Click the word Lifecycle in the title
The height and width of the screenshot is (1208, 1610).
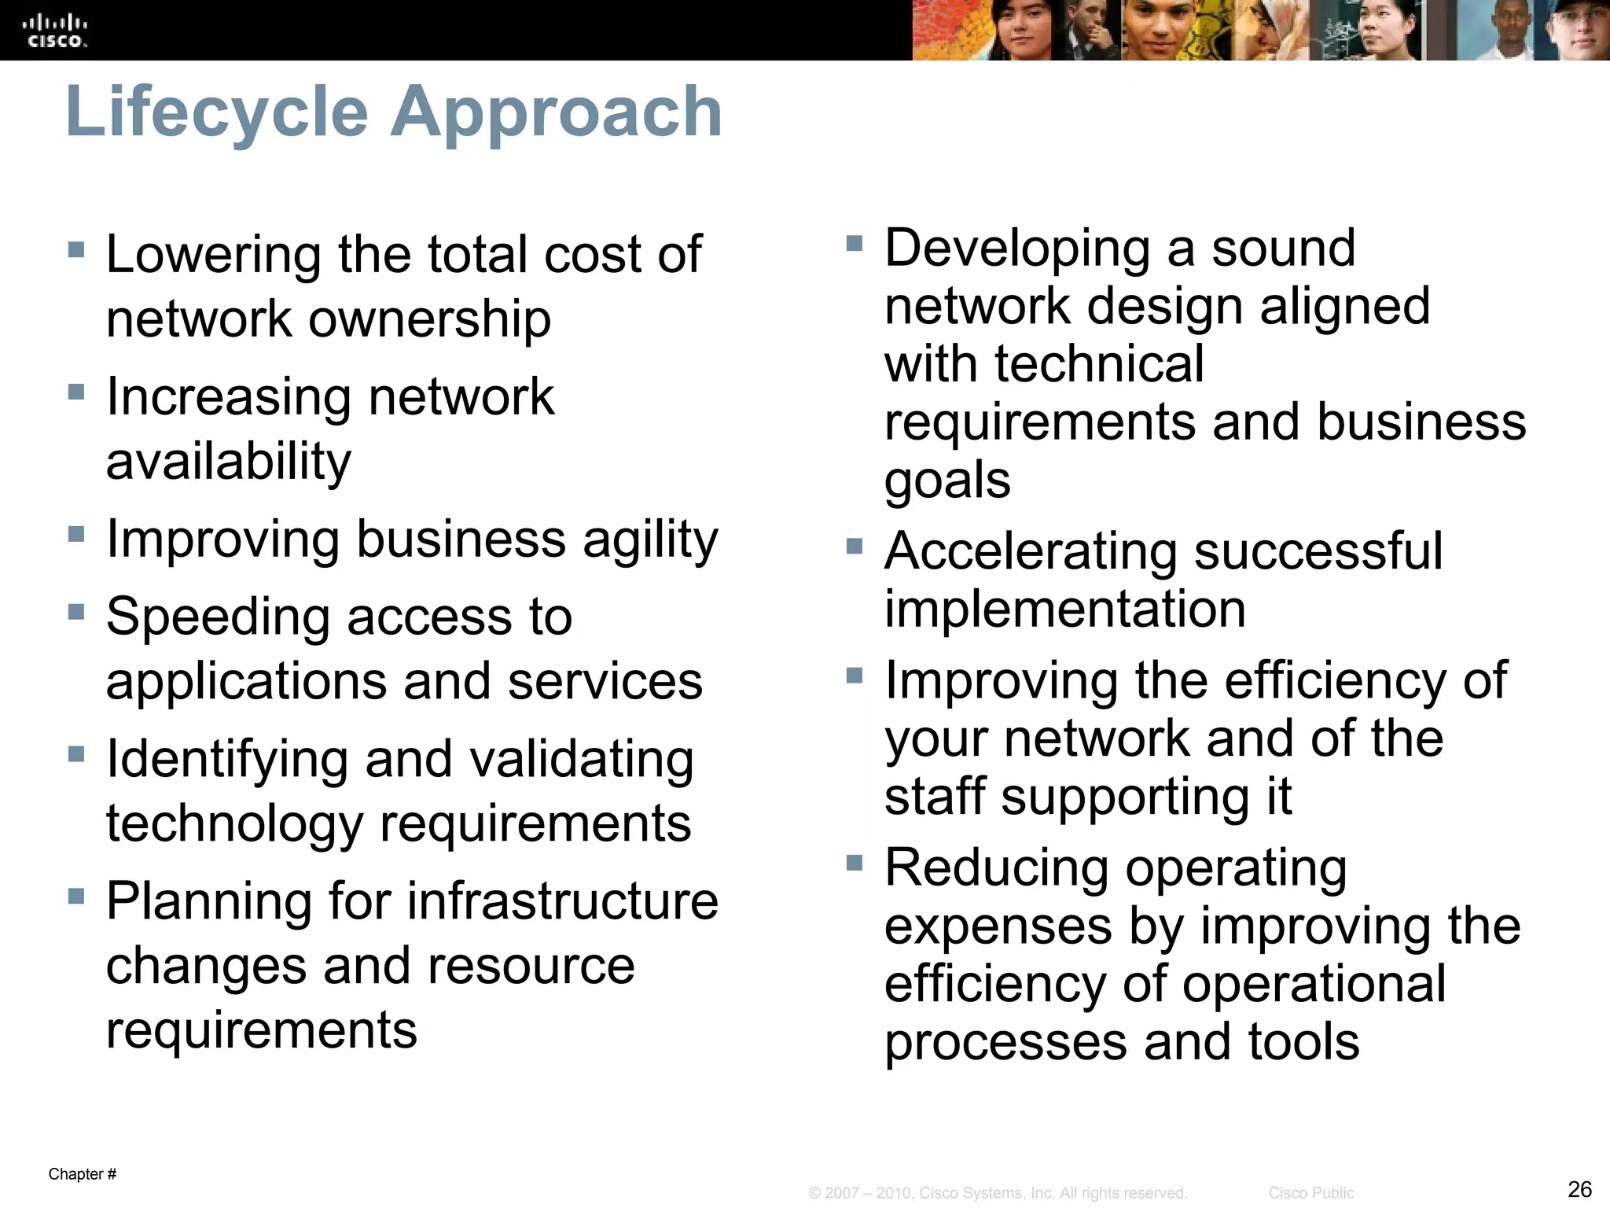click(x=217, y=112)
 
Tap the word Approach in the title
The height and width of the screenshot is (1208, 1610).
click(x=556, y=112)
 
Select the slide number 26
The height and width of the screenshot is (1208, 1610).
click(x=1579, y=1188)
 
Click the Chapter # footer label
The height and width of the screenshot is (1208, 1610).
click(x=83, y=1174)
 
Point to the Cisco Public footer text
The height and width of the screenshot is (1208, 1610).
click(x=1310, y=1193)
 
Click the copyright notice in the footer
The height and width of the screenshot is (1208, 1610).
click(x=998, y=1193)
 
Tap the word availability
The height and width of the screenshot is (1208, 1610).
click(x=229, y=462)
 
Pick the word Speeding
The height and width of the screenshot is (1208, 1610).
click(x=217, y=617)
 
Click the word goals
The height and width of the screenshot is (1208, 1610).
click(x=947, y=481)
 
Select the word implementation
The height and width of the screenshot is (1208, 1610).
click(x=1065, y=610)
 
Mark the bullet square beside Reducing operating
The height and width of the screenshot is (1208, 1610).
click(x=855, y=864)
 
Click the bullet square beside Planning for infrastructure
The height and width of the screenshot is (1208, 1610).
click(x=76, y=897)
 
